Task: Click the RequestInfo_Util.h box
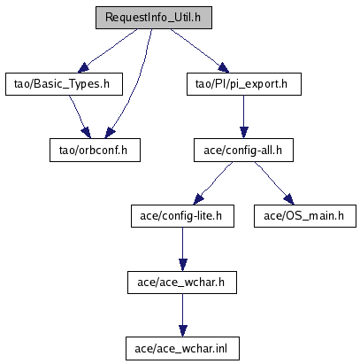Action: click(154, 18)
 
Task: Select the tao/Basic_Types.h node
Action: click(64, 84)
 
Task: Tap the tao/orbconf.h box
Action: click(95, 151)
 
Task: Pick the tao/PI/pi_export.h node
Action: click(244, 84)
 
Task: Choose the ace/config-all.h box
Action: click(243, 151)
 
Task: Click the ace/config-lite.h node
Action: click(182, 216)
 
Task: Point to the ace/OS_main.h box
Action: click(305, 216)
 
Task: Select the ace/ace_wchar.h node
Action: click(182, 283)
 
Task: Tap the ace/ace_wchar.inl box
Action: click(182, 349)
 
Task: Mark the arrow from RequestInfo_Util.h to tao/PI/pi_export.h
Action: click(200, 50)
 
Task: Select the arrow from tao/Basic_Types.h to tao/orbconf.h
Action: click(79, 116)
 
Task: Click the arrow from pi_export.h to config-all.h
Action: click(243, 117)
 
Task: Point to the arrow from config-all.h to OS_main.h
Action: click(274, 183)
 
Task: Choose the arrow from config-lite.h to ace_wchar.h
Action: click(182, 249)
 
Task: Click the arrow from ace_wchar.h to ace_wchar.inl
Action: click(182, 315)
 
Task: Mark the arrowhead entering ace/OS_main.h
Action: click(289, 199)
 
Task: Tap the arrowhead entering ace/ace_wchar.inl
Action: click(183, 331)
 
